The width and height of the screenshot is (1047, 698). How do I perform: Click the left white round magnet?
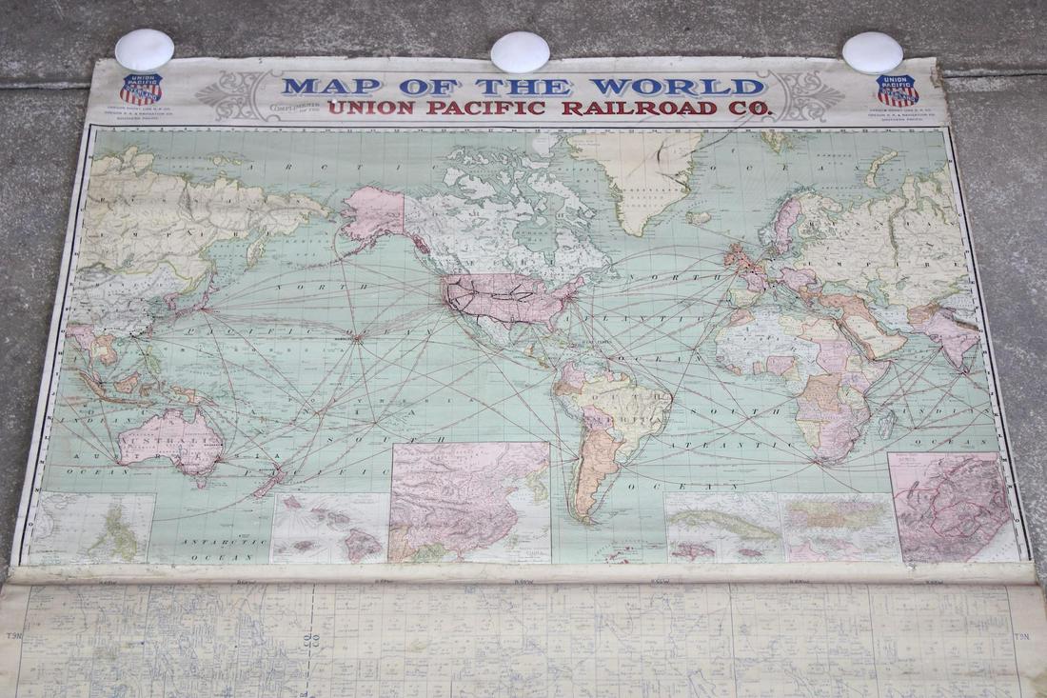[145, 50]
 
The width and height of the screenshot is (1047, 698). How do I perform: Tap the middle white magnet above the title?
[521, 51]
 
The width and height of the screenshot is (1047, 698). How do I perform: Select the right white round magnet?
[873, 52]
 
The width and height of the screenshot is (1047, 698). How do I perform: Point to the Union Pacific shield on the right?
[898, 90]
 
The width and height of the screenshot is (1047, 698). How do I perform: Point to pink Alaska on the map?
[373, 214]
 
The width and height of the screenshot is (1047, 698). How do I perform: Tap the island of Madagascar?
[886, 422]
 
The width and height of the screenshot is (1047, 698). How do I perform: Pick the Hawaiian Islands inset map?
[329, 527]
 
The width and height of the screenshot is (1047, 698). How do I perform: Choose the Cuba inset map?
[723, 527]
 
